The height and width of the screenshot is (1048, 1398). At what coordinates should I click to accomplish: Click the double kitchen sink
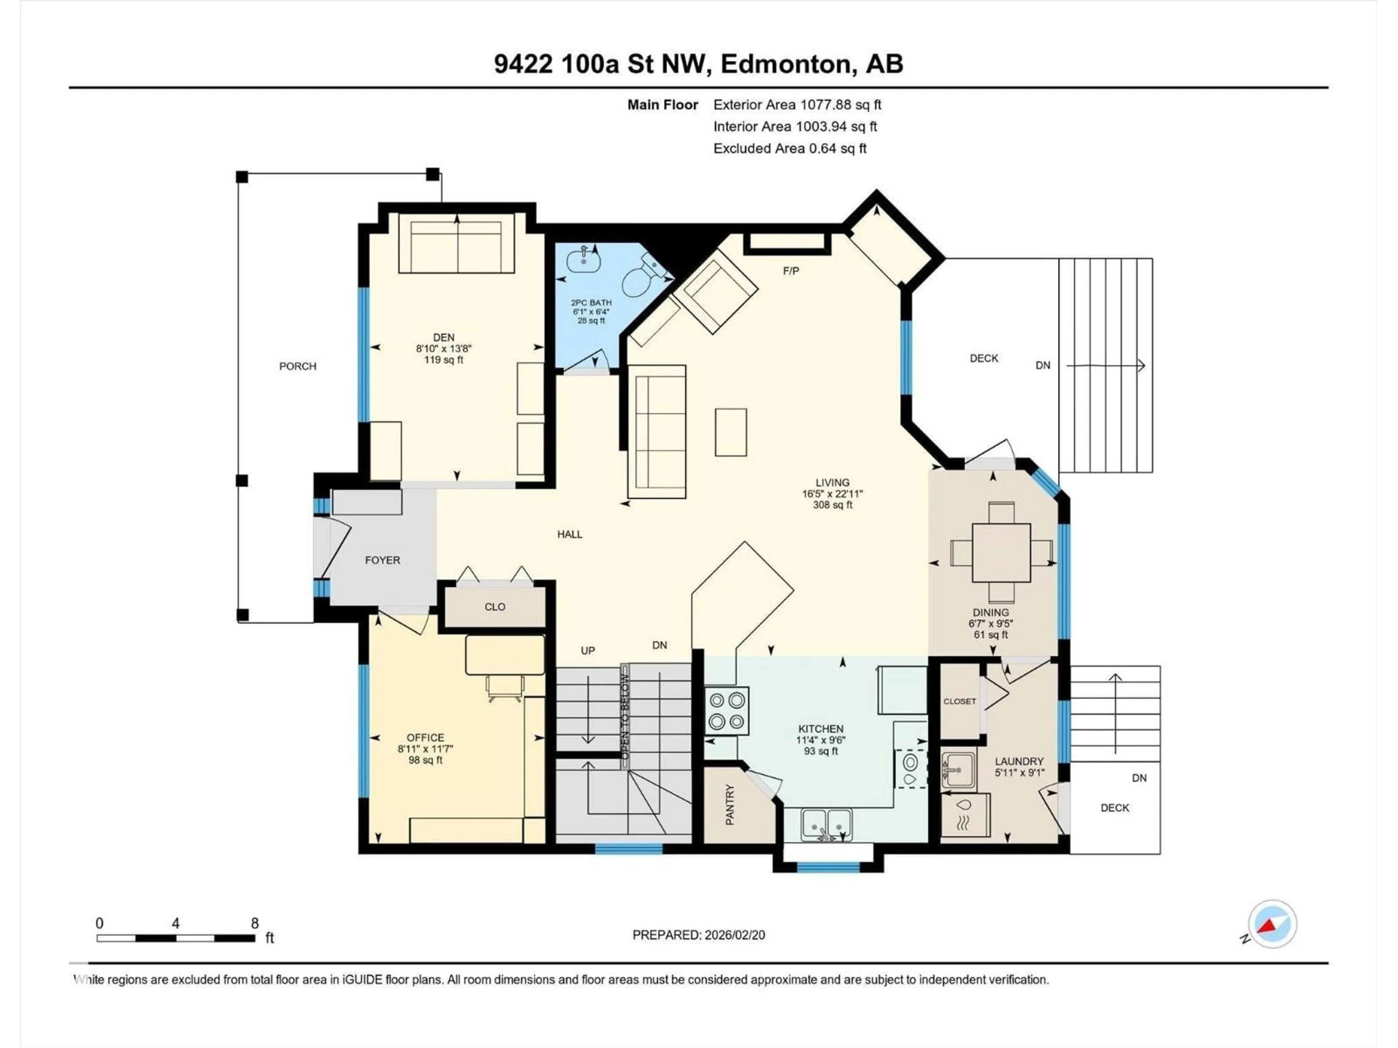[x=826, y=824]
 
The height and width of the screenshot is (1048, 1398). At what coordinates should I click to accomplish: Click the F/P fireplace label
[x=791, y=271]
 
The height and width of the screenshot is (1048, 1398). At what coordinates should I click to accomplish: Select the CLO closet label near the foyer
[x=494, y=607]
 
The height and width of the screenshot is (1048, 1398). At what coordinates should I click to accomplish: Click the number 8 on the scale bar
[x=255, y=923]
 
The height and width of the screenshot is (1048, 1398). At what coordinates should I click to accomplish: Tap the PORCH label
[x=298, y=366]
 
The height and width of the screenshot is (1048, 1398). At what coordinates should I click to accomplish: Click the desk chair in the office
[x=505, y=688]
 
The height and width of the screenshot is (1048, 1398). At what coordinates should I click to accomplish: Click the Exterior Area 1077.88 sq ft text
[x=797, y=105]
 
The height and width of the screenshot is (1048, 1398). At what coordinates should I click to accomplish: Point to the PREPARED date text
[x=698, y=935]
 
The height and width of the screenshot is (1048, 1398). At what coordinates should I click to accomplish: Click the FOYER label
[x=382, y=560]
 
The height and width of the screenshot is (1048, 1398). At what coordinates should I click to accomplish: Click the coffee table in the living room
[x=731, y=432]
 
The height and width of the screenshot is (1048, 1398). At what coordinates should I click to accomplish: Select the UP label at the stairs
[x=587, y=650]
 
